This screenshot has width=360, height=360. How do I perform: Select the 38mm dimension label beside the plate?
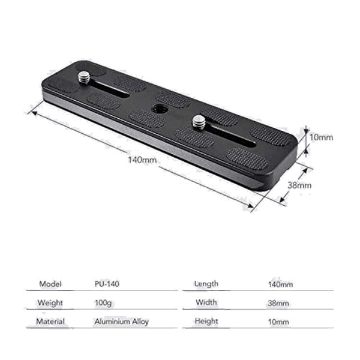pyautogui.click(x=299, y=185)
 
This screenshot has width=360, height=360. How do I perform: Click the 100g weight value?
pyautogui.click(x=103, y=302)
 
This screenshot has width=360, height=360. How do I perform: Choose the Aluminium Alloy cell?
pyautogui.click(x=121, y=322)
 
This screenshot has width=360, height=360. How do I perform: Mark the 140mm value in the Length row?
pyautogui.click(x=280, y=283)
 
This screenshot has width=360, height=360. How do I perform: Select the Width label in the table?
pyautogui.click(x=206, y=302)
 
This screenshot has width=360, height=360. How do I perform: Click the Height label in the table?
pyautogui.click(x=206, y=322)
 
